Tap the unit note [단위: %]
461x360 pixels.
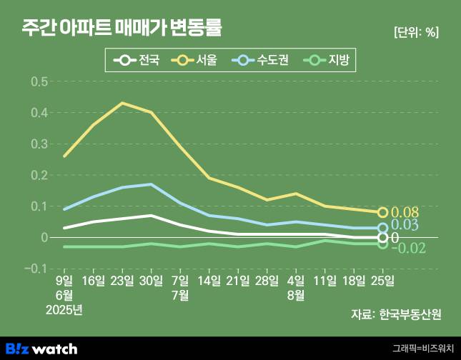point(416,31)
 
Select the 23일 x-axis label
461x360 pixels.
point(123,280)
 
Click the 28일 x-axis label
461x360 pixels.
point(267,280)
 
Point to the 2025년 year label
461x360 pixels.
point(64,309)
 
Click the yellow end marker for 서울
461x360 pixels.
point(382,212)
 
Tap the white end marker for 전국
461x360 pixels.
point(382,237)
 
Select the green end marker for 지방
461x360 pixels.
point(382,244)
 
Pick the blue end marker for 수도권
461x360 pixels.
point(382,228)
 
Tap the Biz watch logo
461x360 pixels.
point(47,348)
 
